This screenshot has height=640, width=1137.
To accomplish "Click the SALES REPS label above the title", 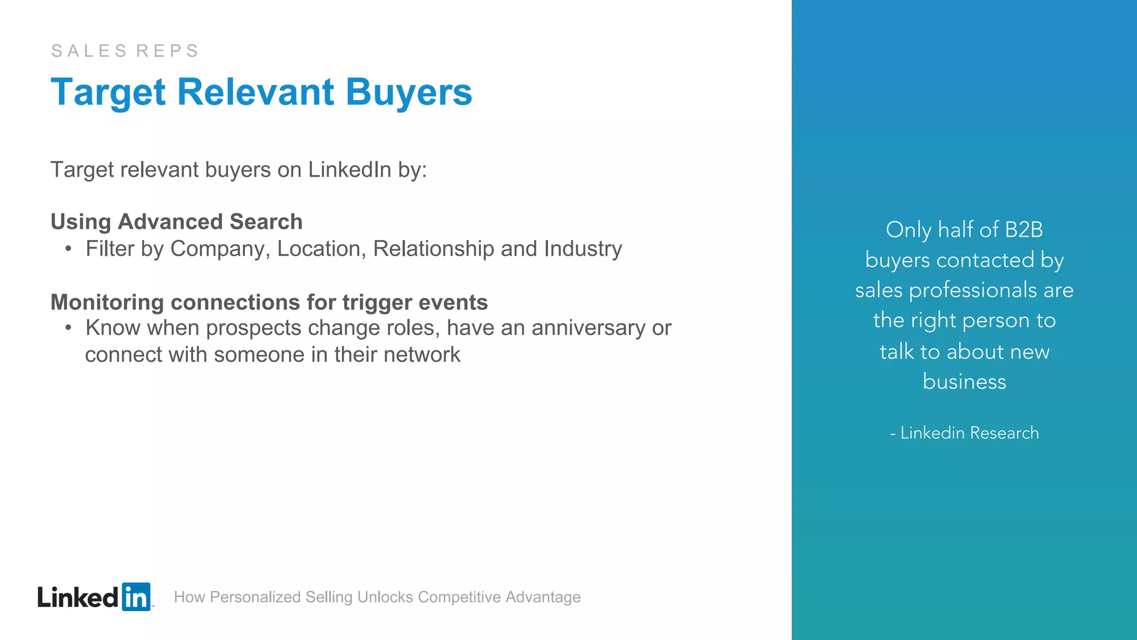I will [125, 51].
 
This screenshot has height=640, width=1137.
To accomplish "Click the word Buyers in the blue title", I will [409, 92].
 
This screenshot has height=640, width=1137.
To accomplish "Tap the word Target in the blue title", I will [108, 92].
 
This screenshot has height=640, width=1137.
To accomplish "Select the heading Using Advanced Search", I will [177, 222].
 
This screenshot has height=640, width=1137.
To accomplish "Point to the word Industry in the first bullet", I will [583, 249].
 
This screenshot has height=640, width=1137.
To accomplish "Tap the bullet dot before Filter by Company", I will [68, 249].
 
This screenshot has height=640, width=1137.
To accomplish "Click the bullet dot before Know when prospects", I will [68, 328].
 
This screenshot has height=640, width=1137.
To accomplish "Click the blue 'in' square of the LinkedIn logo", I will [136, 597].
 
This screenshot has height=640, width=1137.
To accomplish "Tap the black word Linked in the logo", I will [78, 597].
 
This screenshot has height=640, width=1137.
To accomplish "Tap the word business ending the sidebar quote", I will [964, 382].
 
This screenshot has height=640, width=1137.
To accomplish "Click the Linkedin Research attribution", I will [969, 433].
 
